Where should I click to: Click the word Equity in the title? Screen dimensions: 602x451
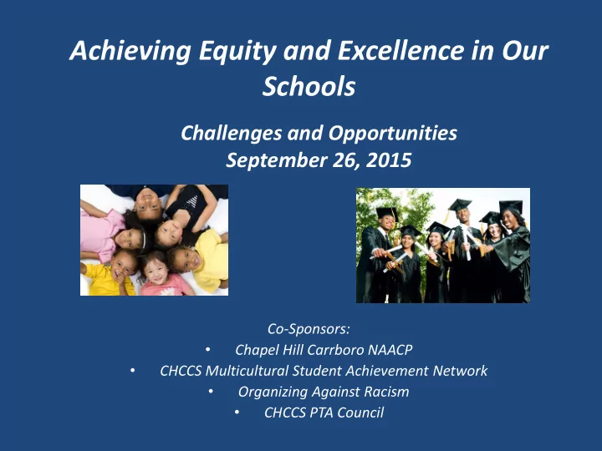(237, 52)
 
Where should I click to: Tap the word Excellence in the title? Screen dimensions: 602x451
(400, 50)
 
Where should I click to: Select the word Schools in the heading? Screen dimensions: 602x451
(309, 86)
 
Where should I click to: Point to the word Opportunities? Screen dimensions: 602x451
(393, 134)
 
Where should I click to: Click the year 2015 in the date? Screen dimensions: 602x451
(389, 160)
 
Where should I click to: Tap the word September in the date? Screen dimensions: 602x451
(277, 160)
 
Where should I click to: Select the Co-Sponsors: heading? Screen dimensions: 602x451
(309, 329)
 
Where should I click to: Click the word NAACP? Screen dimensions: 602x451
(390, 350)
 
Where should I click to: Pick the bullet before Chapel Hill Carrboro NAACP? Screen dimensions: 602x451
(207, 349)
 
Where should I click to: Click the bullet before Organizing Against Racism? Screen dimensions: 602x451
(211, 391)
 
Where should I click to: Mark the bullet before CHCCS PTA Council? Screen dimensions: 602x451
(237, 413)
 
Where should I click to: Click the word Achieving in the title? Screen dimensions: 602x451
(130, 52)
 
